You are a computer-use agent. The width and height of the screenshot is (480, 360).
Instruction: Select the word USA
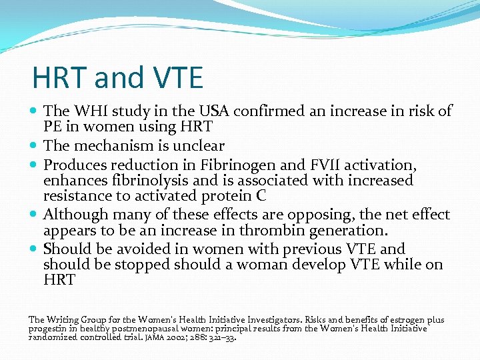pyautogui.click(x=208, y=111)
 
